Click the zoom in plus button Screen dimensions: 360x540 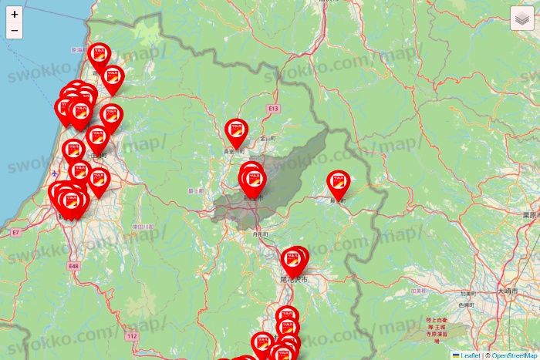(15, 14)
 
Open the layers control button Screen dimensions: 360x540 (522, 19)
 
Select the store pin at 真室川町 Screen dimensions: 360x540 (235, 132)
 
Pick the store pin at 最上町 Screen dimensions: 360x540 (338, 183)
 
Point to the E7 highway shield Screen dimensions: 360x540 (15, 231)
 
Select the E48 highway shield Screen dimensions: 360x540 (73, 266)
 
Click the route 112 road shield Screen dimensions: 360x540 (132, 336)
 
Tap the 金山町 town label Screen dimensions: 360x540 (268, 138)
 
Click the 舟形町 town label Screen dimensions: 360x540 (261, 232)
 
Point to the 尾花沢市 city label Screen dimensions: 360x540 (294, 278)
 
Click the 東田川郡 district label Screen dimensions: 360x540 (143, 227)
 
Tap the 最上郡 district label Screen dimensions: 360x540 (195, 190)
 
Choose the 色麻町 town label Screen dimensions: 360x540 (465, 305)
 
